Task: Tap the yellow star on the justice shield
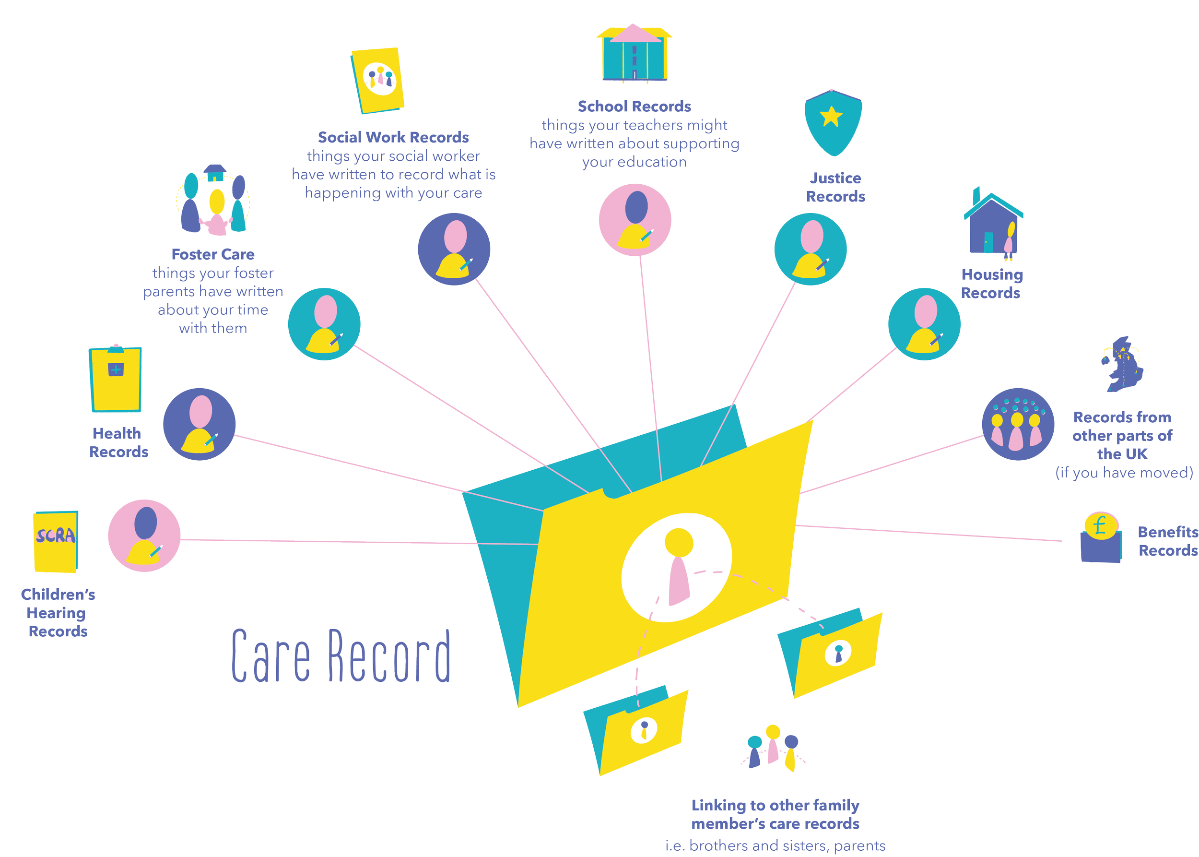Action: point(831,117)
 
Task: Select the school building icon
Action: point(634,54)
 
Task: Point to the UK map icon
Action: point(1123,364)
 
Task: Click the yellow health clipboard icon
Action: point(116,379)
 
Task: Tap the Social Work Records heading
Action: point(393,138)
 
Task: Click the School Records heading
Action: point(634,107)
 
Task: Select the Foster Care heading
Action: point(213,255)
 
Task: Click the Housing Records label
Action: point(992,284)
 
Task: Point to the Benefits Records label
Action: point(1168,541)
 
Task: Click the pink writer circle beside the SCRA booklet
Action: point(144,536)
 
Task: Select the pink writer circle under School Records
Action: point(635,220)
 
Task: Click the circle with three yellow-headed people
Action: point(1018,424)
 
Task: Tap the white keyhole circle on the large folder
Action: point(677,567)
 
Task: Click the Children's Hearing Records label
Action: point(58,613)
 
